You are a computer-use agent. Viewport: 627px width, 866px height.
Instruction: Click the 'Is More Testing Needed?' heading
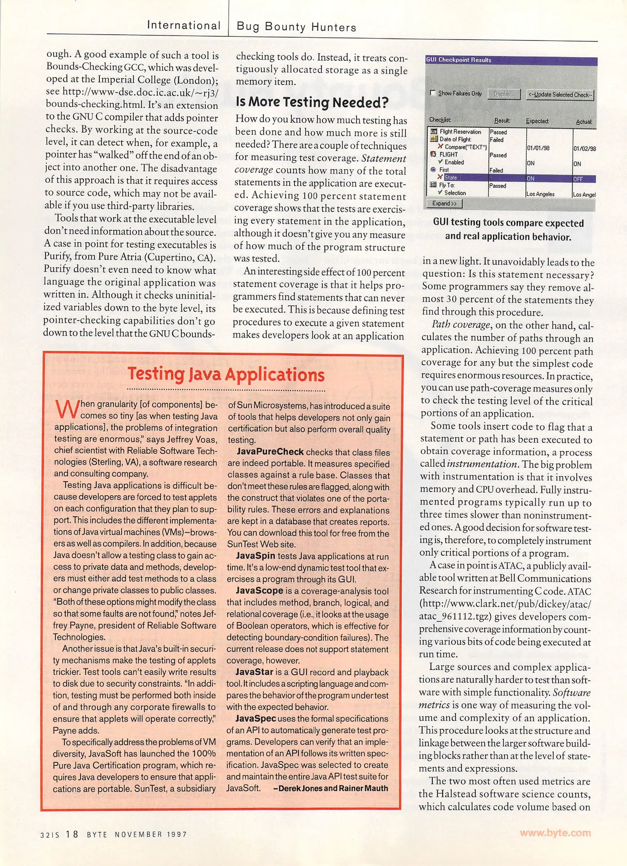[312, 103]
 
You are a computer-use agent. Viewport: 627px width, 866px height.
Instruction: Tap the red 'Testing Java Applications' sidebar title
[226, 374]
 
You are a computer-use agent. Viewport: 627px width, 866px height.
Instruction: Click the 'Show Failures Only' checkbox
[433, 93]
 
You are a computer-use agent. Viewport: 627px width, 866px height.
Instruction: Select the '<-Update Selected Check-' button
[560, 95]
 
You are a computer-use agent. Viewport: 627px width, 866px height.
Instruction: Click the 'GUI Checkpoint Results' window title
[459, 60]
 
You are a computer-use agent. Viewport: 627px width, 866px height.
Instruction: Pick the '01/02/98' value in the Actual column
[584, 148]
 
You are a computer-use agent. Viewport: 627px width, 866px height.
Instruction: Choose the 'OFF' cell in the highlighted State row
[578, 179]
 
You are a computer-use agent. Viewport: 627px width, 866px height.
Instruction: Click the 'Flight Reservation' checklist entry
[460, 132]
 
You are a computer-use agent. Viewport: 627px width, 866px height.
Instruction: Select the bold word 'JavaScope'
[259, 591]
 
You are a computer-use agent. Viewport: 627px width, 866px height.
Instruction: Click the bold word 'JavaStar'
[254, 672]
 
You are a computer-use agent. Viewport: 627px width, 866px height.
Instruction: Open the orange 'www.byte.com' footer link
[555, 833]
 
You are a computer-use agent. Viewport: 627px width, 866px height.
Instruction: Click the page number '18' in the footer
[72, 834]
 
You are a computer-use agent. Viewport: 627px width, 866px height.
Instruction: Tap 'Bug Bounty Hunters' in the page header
[296, 27]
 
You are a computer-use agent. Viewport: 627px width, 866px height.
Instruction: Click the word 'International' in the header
[184, 25]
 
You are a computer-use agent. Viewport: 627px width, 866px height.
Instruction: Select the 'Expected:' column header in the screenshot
[537, 121]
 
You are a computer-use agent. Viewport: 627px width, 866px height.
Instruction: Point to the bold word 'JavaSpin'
[255, 556]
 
